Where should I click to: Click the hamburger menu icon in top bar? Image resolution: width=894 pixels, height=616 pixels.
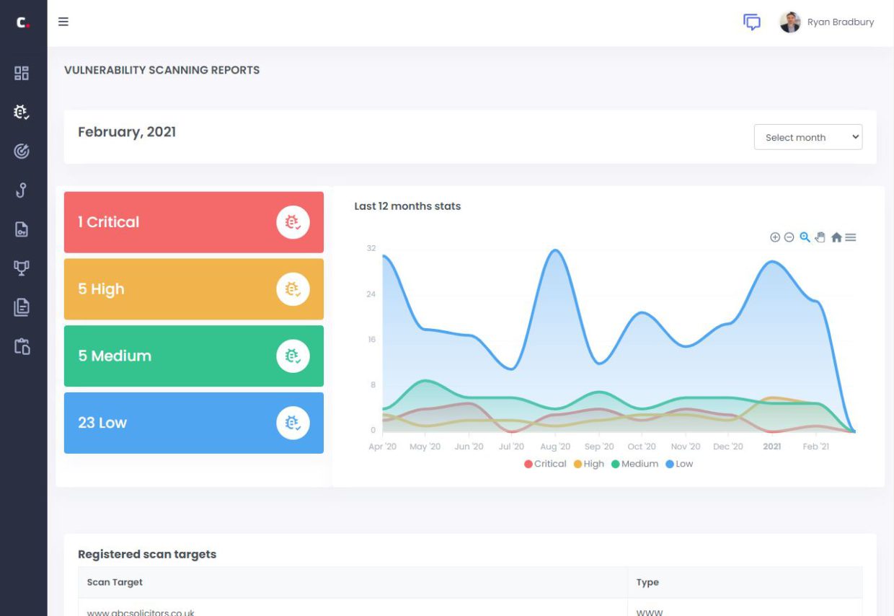pyautogui.click(x=63, y=22)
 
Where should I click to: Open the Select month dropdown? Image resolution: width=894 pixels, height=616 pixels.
pyautogui.click(x=807, y=137)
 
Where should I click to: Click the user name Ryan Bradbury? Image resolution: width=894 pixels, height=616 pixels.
pyautogui.click(x=840, y=22)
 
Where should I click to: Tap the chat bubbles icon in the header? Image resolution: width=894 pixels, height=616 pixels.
pyautogui.click(x=751, y=22)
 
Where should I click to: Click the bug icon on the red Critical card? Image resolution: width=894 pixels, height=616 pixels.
pyautogui.click(x=293, y=222)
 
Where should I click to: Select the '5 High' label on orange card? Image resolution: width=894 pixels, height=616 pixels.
pyautogui.click(x=101, y=289)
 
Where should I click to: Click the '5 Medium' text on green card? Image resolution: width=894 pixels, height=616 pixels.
pyautogui.click(x=115, y=356)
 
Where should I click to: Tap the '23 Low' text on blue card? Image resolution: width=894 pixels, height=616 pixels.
pyautogui.click(x=102, y=423)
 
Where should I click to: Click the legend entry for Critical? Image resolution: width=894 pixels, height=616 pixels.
pyautogui.click(x=545, y=464)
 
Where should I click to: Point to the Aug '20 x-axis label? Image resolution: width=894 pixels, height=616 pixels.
pyautogui.click(x=555, y=446)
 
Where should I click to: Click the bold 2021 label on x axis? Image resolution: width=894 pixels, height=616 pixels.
pyautogui.click(x=771, y=446)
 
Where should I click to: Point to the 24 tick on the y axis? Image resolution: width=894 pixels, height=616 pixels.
pyautogui.click(x=371, y=294)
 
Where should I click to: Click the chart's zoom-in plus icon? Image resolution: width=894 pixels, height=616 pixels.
pyautogui.click(x=775, y=237)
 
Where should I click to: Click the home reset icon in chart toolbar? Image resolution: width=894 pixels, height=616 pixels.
pyautogui.click(x=836, y=237)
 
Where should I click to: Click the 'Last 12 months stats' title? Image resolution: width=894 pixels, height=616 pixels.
pyautogui.click(x=407, y=206)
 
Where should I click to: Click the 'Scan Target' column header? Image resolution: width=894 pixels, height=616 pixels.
pyautogui.click(x=115, y=582)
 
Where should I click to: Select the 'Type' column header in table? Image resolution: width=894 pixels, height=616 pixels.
pyautogui.click(x=647, y=582)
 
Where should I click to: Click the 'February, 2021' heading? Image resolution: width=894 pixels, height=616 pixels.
pyautogui.click(x=127, y=132)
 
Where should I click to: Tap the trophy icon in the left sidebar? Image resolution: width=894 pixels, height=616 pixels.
pyautogui.click(x=22, y=268)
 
